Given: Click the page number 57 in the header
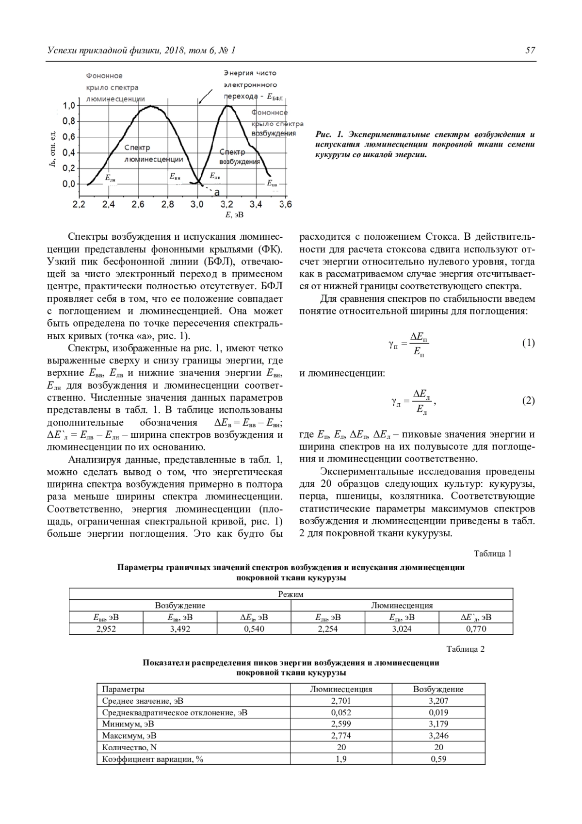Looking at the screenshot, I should [530, 50].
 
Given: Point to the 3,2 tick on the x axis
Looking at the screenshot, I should [226, 204].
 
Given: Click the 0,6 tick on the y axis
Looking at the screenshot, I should [70, 137].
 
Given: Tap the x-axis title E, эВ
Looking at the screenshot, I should [234, 214].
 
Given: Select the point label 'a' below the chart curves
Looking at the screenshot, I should [217, 193].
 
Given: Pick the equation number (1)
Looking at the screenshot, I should [528, 343].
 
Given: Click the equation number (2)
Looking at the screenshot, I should [528, 401].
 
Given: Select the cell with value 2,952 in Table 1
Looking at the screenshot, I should [106, 629].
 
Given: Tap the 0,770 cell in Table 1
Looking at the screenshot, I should [476, 629].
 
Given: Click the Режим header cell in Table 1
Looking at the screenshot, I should [291, 594].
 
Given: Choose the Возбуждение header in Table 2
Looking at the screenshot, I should [438, 689].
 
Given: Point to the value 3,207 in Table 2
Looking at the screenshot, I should [438, 701].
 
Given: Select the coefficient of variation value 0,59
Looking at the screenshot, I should [438, 759].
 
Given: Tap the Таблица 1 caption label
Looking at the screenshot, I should [492, 554].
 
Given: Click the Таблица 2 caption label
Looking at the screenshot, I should [465, 649].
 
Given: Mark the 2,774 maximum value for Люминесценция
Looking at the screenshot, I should [341, 736].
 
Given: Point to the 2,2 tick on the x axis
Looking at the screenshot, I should [79, 204].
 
